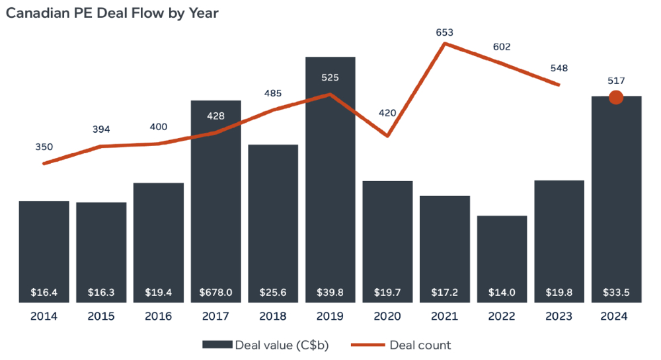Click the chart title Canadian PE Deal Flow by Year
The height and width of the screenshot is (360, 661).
[x=112, y=13]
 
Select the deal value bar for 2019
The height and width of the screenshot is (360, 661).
[x=330, y=178]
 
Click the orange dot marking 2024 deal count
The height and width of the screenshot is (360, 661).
[x=616, y=97]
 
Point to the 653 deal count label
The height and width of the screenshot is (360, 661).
[x=445, y=32]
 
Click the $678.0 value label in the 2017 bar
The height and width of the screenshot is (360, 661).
[x=215, y=293]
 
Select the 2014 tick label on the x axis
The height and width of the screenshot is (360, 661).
[x=44, y=316]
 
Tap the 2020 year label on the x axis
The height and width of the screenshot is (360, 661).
[x=387, y=316]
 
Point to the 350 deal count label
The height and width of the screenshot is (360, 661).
[x=44, y=147]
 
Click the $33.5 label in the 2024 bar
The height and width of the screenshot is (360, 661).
[x=616, y=293]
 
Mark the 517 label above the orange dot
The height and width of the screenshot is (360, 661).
[x=616, y=81]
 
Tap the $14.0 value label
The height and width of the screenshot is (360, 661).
[x=502, y=293]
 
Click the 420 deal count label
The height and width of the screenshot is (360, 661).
[x=387, y=113]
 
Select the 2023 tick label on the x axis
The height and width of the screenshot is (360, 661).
[x=559, y=316]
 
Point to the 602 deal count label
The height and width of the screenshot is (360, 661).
[x=502, y=47]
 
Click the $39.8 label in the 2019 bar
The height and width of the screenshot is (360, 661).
[x=330, y=293]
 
